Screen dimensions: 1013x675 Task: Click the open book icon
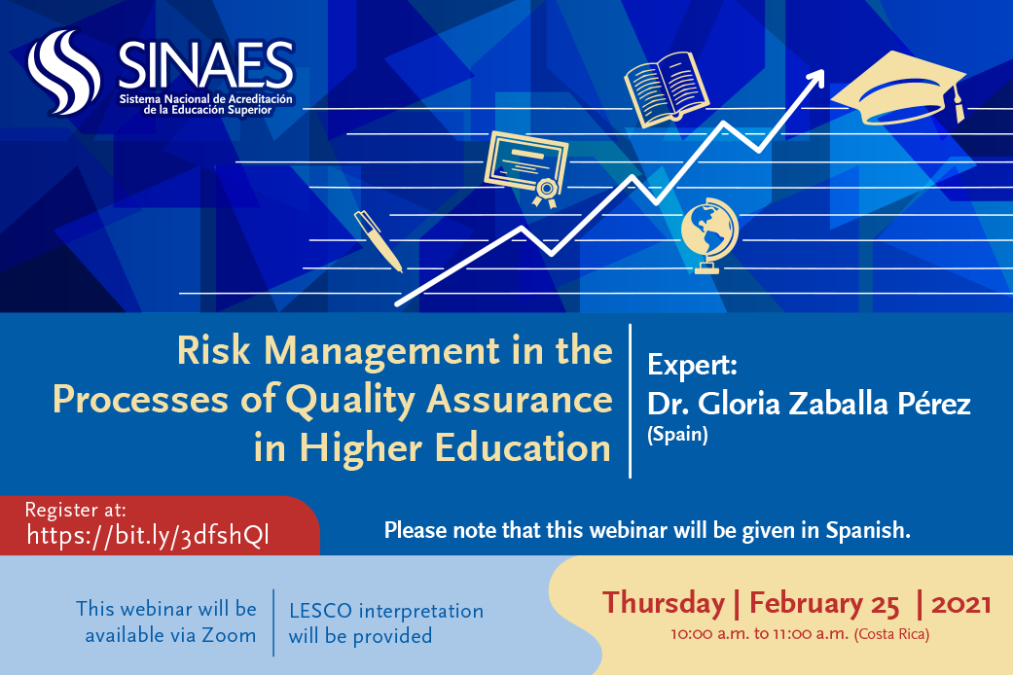coord(667,89)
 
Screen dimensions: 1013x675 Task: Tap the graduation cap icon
coord(898,89)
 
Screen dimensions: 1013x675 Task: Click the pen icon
coord(378,240)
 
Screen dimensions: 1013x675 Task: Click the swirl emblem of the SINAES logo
coord(64,72)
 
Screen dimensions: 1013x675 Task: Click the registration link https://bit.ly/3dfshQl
coord(148,536)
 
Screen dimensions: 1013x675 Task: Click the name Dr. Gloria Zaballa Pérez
coord(809,404)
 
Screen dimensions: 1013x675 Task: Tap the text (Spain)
coord(677,434)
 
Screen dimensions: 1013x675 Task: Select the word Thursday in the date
coord(664,603)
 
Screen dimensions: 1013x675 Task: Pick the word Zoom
coord(229,635)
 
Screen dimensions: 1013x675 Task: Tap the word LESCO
coord(320,611)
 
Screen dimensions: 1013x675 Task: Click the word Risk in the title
coord(213,351)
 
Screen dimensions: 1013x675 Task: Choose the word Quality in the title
coord(350,400)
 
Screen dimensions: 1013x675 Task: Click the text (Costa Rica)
coord(891,634)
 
